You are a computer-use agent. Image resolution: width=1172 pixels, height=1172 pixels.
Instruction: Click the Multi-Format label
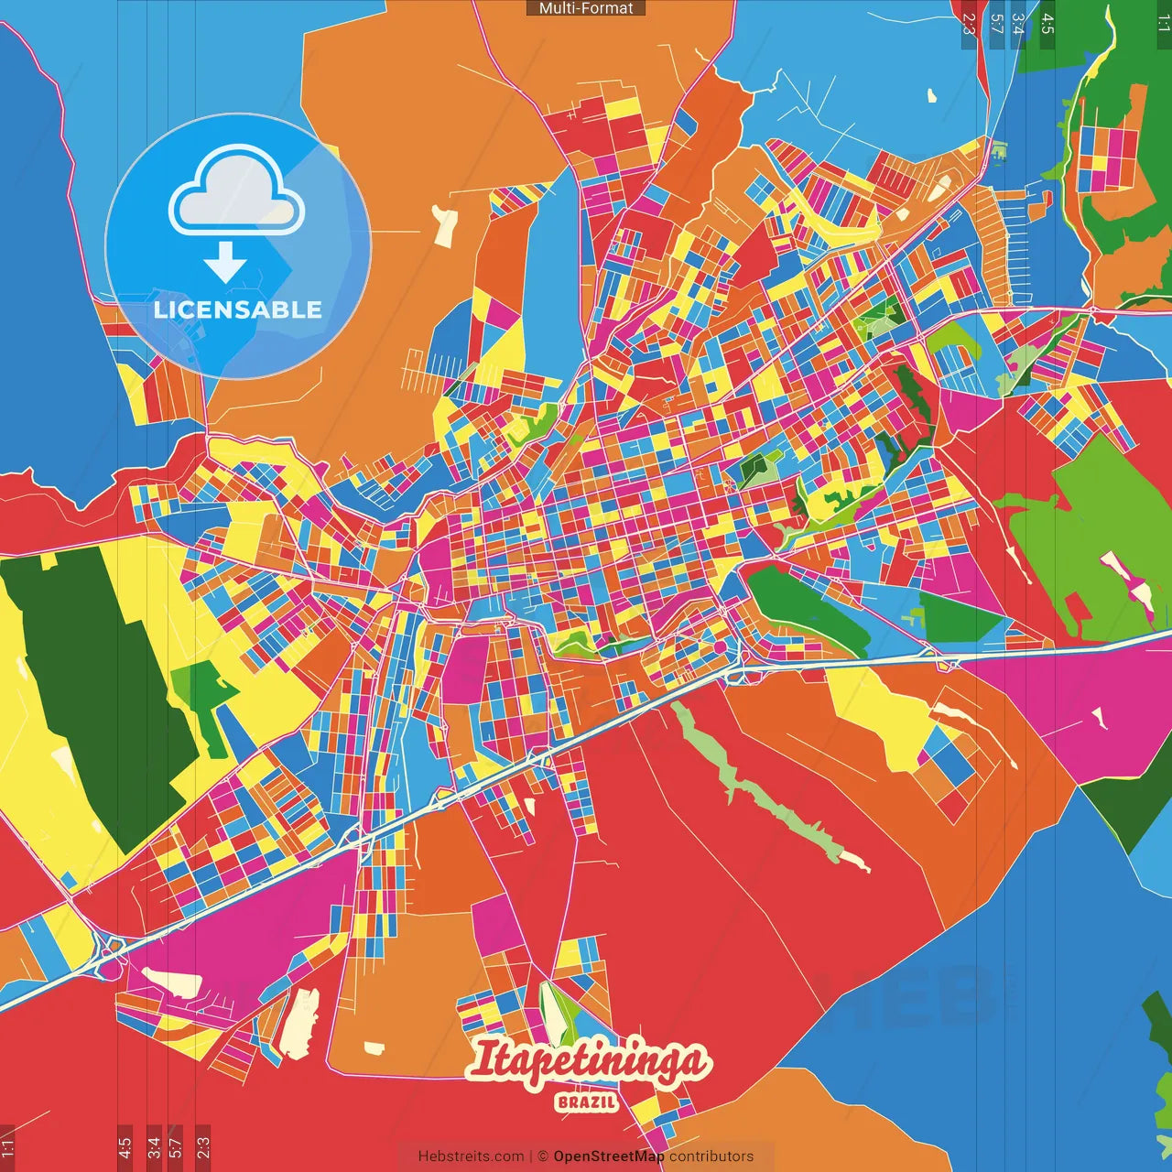coord(586,8)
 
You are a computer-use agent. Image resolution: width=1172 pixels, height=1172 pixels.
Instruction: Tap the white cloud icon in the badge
coord(236,201)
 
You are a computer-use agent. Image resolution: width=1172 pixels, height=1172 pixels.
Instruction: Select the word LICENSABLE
coord(238,309)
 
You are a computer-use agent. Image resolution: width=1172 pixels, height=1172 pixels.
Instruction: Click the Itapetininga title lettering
coord(587,1062)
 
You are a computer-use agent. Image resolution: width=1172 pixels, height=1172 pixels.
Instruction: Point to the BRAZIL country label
coord(586,1101)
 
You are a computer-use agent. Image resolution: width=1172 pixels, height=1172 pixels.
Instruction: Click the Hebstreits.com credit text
coord(471,1156)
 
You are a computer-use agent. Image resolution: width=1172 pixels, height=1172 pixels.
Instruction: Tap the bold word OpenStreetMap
coord(608,1156)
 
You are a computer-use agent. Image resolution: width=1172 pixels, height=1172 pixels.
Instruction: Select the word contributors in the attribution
coord(711,1156)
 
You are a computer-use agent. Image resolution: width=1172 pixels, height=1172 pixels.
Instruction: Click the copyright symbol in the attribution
coord(542,1156)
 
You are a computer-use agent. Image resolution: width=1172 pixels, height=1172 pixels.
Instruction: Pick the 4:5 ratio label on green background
coord(1047,24)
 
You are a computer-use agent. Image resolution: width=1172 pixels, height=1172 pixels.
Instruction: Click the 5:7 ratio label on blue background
coord(996,24)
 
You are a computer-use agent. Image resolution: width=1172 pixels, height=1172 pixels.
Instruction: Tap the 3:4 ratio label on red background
coord(154,1146)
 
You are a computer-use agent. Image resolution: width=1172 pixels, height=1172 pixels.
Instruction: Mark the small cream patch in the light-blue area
coord(932,95)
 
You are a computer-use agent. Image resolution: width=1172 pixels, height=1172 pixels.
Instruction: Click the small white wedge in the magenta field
coord(1098,719)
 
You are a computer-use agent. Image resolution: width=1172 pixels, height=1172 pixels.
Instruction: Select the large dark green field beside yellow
coord(92,687)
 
